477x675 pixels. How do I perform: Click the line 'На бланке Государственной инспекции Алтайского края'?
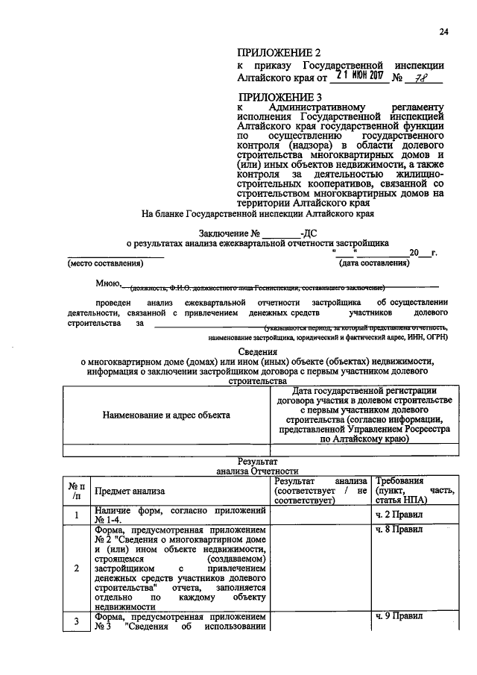click(x=257, y=213)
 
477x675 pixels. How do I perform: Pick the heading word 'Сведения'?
click(x=257, y=351)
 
